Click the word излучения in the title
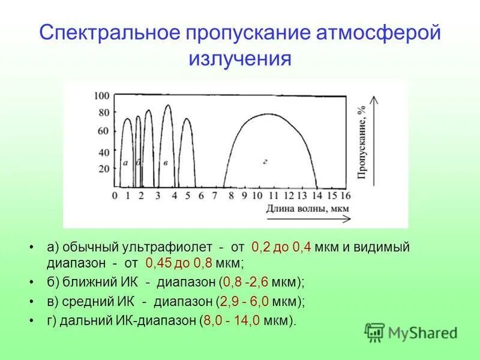tap(240, 59)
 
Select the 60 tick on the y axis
tap(103, 131)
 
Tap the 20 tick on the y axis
tap(103, 168)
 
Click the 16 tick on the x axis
tap(345, 196)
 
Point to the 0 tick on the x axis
tap(115, 196)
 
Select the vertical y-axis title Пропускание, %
tap(362, 144)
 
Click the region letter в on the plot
tap(165, 163)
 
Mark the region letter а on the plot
tap(125, 163)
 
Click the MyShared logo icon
tap(374, 331)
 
